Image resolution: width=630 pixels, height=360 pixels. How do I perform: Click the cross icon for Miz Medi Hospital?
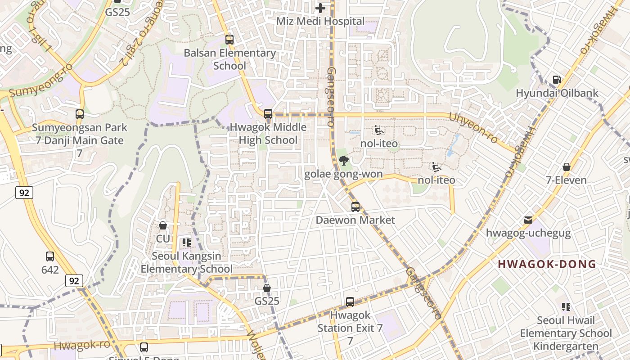pyautogui.click(x=320, y=8)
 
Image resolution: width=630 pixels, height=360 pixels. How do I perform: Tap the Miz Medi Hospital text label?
pyautogui.click(x=320, y=21)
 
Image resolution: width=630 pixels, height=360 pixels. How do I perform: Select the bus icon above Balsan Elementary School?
pyautogui.click(x=229, y=39)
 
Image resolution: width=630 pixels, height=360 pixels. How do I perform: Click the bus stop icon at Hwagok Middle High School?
pyautogui.click(x=268, y=113)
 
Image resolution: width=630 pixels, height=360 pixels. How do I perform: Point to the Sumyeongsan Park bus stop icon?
pyautogui.click(x=80, y=114)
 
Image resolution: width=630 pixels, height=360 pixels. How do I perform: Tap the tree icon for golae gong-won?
pyautogui.click(x=343, y=161)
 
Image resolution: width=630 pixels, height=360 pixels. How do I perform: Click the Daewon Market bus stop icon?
pyautogui.click(x=355, y=207)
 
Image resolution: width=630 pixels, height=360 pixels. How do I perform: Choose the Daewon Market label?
pyautogui.click(x=355, y=220)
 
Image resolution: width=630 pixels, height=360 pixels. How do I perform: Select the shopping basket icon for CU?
pyautogui.click(x=163, y=225)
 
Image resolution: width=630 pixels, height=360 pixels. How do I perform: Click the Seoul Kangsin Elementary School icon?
pyautogui.click(x=187, y=243)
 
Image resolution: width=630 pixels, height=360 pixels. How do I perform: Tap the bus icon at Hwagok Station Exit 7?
pyautogui.click(x=350, y=301)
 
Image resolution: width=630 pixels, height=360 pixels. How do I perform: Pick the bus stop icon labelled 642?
pyautogui.click(x=50, y=256)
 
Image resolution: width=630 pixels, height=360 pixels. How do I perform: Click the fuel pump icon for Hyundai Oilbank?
pyautogui.click(x=557, y=80)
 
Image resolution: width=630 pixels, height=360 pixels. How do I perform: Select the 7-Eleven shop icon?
pyautogui.click(x=566, y=167)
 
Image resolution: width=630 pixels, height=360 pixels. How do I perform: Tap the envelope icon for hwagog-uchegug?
pyautogui.click(x=528, y=220)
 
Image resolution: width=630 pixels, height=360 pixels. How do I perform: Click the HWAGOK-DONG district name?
pyautogui.click(x=547, y=264)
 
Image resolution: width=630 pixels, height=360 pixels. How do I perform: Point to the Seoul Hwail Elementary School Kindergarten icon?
pyautogui.click(x=566, y=307)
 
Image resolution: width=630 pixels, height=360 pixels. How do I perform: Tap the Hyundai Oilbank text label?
pyautogui.click(x=557, y=93)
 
